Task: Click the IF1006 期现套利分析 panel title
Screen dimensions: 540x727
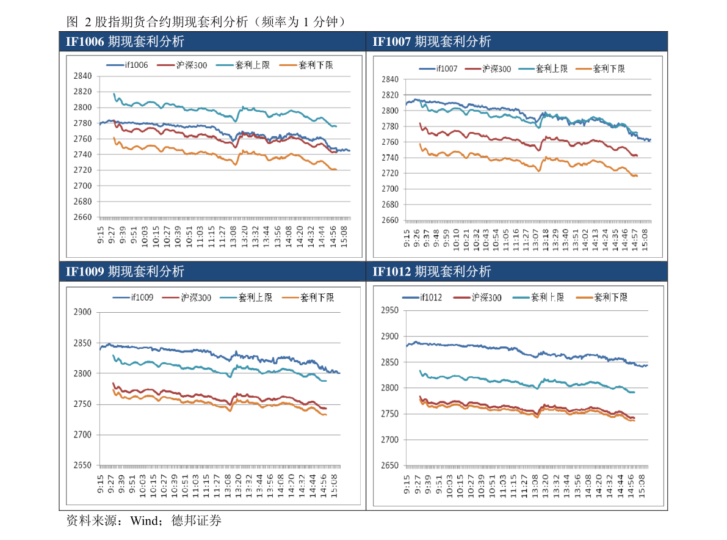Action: (x=125, y=42)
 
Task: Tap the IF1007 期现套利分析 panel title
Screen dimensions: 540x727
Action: (x=432, y=42)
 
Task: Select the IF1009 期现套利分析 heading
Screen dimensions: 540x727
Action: (x=125, y=271)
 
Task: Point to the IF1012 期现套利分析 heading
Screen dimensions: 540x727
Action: (x=432, y=271)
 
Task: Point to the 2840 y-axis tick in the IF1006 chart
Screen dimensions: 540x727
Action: (x=82, y=76)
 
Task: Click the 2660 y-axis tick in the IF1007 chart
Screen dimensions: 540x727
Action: (x=389, y=221)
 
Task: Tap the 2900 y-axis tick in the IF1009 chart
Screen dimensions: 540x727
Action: (x=82, y=312)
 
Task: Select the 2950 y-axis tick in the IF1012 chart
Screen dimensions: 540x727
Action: (x=389, y=310)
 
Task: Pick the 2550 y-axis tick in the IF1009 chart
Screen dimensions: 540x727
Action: (x=82, y=465)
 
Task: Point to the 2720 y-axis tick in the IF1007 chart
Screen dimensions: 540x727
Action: (x=389, y=173)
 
